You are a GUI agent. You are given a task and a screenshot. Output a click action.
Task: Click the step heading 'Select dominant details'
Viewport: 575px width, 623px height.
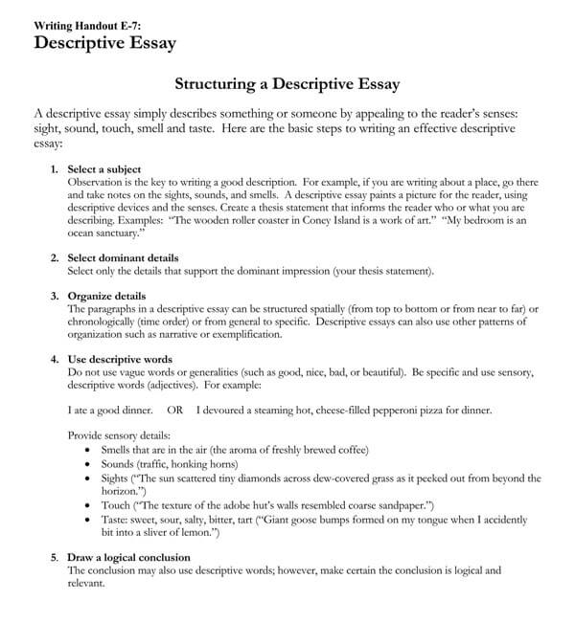124,258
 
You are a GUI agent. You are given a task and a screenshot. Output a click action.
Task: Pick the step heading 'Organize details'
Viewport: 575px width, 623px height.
107,297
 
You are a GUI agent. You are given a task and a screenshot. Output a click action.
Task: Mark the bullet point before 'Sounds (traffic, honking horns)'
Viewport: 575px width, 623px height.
90,463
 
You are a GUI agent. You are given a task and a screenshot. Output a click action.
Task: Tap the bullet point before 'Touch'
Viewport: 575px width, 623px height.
90,504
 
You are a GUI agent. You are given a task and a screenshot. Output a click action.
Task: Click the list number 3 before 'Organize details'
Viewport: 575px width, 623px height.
54,297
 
